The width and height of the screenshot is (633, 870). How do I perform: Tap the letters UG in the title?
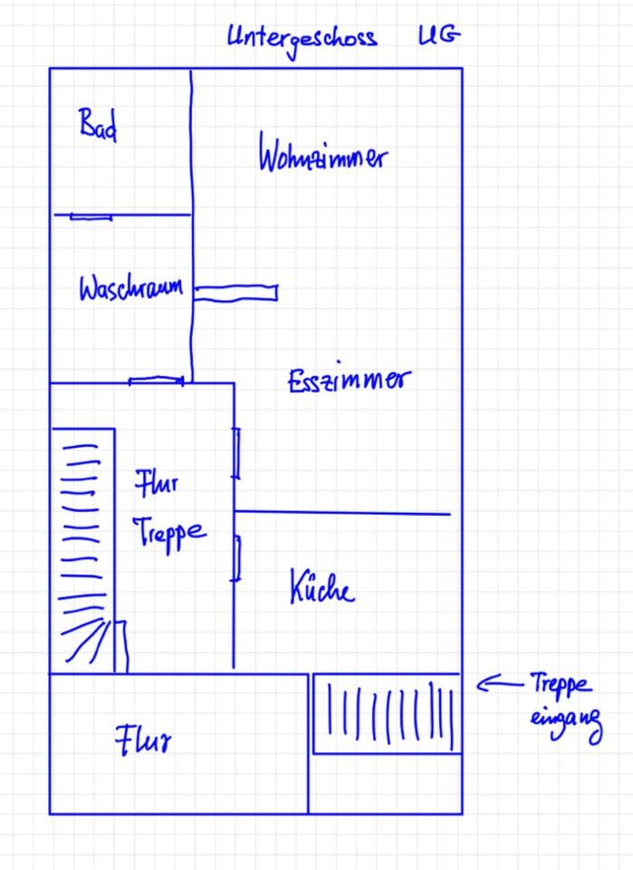tap(438, 36)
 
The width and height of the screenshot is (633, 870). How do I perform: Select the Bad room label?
tap(98, 124)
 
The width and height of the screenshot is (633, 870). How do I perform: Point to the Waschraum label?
tap(130, 289)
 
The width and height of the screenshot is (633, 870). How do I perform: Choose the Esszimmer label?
tap(349, 380)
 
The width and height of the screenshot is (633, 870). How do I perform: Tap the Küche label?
tap(321, 588)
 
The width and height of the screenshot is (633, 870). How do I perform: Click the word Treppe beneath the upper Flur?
tap(169, 532)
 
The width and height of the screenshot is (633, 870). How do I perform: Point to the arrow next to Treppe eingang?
tap(494, 684)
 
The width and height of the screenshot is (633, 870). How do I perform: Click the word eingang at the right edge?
tap(566, 722)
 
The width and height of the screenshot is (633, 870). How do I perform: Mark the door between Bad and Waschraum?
tap(91, 217)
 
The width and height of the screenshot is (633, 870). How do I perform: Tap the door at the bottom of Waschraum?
tap(156, 382)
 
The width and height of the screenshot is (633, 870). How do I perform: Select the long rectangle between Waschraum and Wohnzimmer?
tap(236, 293)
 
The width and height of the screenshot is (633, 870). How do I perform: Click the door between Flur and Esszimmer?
tap(236, 453)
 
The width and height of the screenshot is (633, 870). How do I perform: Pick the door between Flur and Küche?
tap(236, 558)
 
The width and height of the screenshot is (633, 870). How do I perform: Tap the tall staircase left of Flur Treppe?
tap(82, 548)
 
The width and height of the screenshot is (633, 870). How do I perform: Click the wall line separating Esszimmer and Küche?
tap(342, 513)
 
